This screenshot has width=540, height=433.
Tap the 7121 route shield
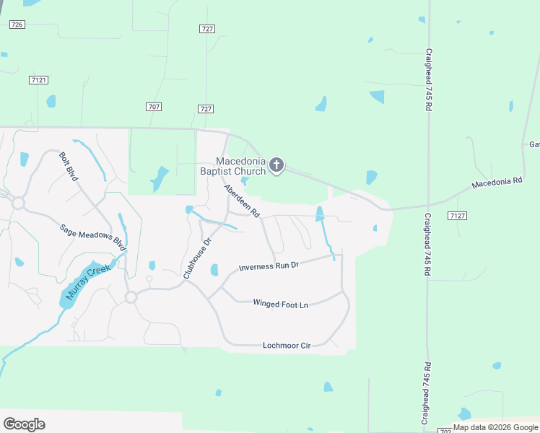[39, 80]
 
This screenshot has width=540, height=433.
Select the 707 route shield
[153, 107]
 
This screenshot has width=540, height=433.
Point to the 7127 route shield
[456, 216]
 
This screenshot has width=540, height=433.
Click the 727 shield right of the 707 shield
[206, 109]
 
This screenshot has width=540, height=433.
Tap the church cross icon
[276, 166]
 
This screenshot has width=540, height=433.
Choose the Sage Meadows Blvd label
[92, 237]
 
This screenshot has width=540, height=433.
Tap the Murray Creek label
[87, 282]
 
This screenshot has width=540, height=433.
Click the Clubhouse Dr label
[196, 258]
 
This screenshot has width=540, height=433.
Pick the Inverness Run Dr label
[269, 266]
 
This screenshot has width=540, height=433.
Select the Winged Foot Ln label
[280, 304]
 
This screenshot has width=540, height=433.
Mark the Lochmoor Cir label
[286, 346]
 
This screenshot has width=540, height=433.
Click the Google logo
[24, 424]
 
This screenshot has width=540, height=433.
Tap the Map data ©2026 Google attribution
[495, 427]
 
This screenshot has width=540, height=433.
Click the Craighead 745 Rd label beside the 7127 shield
[427, 245]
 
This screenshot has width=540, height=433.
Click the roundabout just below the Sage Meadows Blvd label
[131, 297]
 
